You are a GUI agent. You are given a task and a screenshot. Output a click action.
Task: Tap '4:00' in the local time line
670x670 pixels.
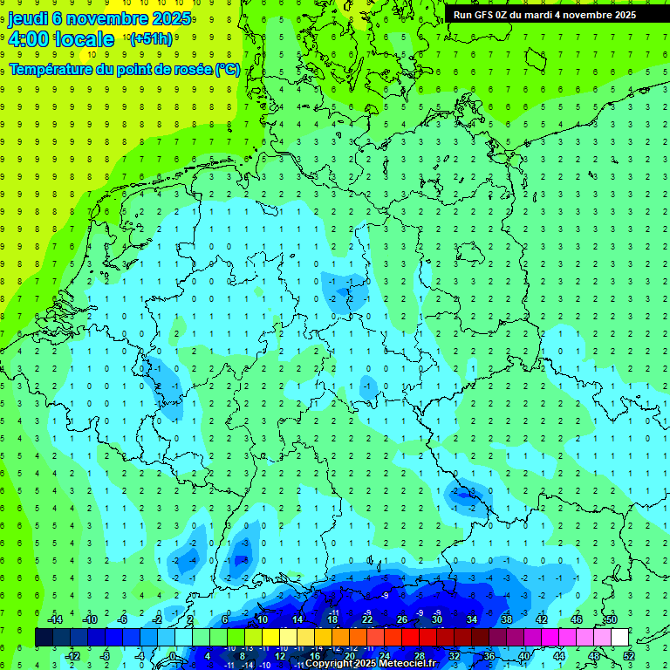tap(27, 39)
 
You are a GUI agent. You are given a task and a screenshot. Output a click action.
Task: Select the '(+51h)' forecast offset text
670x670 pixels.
tap(150, 39)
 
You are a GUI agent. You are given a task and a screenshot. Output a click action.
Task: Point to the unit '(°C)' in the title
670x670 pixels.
tap(227, 69)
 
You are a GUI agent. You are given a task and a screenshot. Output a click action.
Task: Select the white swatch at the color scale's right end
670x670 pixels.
tap(620, 638)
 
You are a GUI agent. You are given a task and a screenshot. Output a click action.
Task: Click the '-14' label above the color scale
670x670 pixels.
tap(54, 619)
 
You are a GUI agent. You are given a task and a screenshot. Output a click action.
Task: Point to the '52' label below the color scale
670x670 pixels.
tap(629, 656)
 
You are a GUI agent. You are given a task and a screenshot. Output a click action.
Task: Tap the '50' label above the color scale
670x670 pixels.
tap(612, 619)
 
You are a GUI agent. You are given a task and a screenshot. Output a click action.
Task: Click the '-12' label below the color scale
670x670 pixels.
tap(72, 656)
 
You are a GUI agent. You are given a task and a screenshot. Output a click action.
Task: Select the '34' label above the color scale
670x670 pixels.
tap(472, 619)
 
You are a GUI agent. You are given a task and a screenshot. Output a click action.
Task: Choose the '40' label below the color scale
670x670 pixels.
tap(524, 656)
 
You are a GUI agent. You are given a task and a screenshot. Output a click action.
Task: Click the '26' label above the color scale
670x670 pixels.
tap(402, 619)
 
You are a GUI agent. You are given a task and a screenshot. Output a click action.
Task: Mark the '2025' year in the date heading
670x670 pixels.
tap(171, 19)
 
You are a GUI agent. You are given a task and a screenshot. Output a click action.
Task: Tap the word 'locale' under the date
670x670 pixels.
tap(84, 39)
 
